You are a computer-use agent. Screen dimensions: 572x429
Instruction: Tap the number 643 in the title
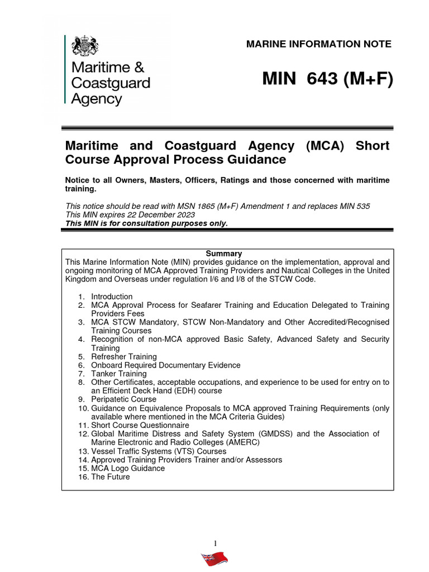(x=315, y=80)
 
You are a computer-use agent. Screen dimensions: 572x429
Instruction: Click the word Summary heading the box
(x=227, y=254)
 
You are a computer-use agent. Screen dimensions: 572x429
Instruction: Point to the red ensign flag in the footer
(x=215, y=559)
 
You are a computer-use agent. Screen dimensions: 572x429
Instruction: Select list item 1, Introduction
(x=112, y=297)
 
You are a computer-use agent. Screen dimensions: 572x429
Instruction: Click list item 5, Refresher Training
(x=124, y=356)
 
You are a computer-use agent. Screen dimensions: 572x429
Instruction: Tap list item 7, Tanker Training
(x=119, y=374)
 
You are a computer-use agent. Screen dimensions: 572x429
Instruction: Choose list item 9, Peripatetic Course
(x=124, y=399)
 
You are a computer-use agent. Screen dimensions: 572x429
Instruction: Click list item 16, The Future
(x=111, y=477)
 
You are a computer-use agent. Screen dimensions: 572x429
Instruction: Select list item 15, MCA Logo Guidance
(x=128, y=468)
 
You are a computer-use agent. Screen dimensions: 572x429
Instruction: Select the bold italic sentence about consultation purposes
(x=147, y=223)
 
